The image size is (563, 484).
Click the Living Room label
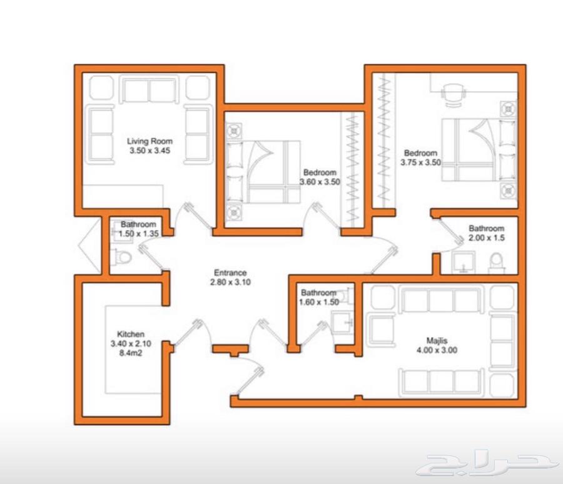[150, 141]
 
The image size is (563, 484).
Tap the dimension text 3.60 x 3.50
[320, 182]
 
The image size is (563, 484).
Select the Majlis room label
[437, 341]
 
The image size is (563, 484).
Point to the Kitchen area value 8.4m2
[131, 353]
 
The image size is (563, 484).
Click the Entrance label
[230, 273]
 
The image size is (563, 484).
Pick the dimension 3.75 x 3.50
[421, 163]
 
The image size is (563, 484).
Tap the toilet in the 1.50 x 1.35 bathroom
[122, 257]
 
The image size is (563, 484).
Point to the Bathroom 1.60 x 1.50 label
[319, 297]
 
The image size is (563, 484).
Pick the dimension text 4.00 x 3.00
[437, 350]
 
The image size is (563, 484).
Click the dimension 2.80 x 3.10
[230, 282]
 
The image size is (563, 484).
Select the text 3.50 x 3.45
[150, 151]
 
